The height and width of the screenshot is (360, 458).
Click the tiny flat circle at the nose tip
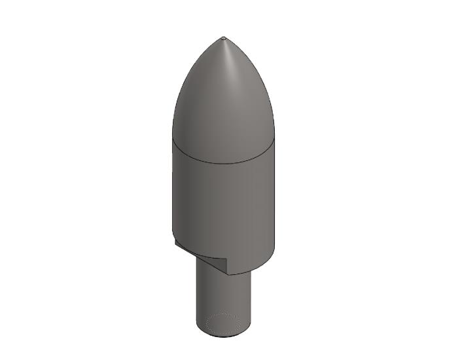[224, 38]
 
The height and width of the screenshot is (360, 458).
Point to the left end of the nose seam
[173, 139]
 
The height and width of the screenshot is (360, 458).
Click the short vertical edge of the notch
[225, 265]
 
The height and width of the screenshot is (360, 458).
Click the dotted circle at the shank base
[223, 322]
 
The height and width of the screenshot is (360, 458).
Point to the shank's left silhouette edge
[196, 295]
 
